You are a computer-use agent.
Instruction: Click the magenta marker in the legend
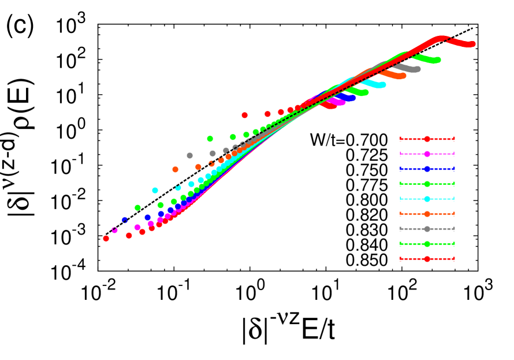pos(427,154)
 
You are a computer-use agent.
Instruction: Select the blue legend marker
pos(427,169)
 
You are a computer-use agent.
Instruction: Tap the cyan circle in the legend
pos(427,199)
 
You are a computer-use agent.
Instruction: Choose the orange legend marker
pos(427,214)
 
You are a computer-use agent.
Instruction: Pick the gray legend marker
pos(427,229)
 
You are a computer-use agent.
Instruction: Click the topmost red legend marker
pos(427,139)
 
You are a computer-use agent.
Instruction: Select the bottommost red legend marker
pos(427,259)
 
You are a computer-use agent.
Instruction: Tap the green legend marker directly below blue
pos(427,184)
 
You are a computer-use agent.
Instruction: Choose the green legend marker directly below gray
pos(427,244)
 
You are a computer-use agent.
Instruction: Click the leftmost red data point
pos(106,238)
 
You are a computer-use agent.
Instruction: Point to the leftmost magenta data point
pos(114,230)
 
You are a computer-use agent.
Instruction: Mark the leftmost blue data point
pos(125,220)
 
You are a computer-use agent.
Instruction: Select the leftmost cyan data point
pos(155,190)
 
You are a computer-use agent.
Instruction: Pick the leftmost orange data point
pos(175,169)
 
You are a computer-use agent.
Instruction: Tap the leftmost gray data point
pos(189,155)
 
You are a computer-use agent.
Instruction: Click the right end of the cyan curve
pos(382,85)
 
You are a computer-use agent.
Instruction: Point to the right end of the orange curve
pos(403,76)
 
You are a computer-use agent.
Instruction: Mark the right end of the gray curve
pos(417,69)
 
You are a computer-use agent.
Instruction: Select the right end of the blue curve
pos(352,98)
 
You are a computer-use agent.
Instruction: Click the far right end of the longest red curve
pos(472,44)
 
